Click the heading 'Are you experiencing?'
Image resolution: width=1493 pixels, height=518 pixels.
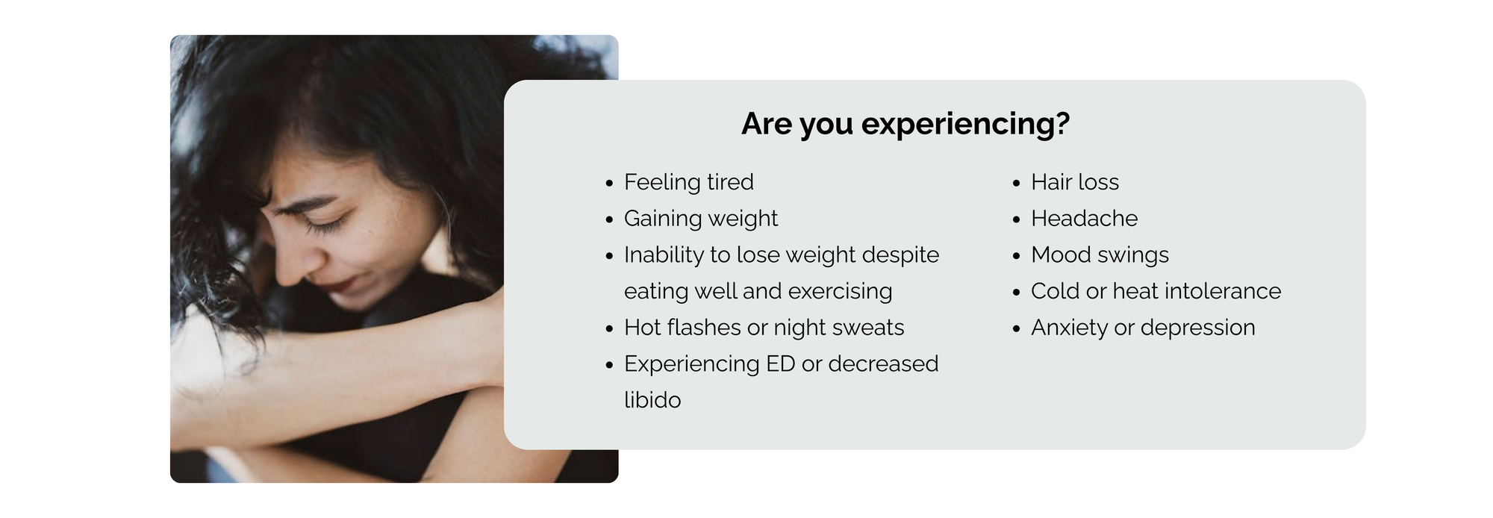click(x=906, y=124)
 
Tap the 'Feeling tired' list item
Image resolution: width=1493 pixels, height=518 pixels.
click(x=689, y=182)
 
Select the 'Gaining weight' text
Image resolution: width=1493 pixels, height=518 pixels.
click(x=701, y=219)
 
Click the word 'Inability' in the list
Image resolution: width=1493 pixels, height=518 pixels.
click(x=664, y=255)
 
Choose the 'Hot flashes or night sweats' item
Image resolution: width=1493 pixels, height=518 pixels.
click(x=764, y=328)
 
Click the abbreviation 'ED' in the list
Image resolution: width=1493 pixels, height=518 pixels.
click(x=780, y=363)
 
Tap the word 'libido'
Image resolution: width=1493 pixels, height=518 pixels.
click(x=652, y=400)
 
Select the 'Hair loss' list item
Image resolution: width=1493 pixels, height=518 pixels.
click(x=1075, y=182)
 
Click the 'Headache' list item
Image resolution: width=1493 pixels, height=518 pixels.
click(x=1085, y=219)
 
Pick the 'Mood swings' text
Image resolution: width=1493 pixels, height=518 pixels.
click(x=1100, y=255)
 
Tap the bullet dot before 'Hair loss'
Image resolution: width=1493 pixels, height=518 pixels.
click(x=1016, y=184)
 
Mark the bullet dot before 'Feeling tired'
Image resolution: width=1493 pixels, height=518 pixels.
click(x=609, y=184)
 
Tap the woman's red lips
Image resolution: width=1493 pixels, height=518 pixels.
click(x=345, y=284)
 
